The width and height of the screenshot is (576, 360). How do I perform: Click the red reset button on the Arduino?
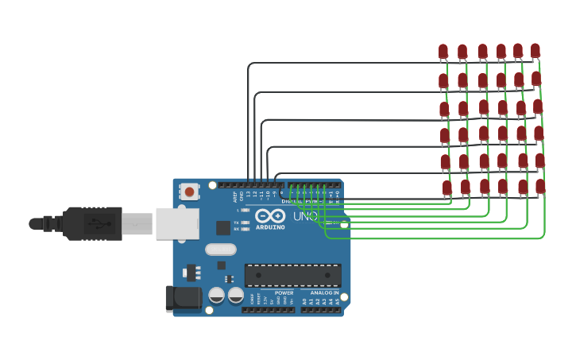pyautogui.click(x=190, y=192)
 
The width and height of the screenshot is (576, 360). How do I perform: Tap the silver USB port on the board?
pyautogui.click(x=176, y=223)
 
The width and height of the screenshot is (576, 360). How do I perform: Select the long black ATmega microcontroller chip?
pyautogui.click(x=292, y=275)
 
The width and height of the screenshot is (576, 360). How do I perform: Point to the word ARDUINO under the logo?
pyautogui.click(x=270, y=227)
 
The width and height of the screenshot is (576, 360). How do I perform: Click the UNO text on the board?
pyautogui.click(x=305, y=216)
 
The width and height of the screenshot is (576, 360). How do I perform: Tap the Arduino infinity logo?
pyautogui.click(x=270, y=215)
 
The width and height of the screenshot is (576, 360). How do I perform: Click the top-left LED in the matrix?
pyautogui.click(x=443, y=52)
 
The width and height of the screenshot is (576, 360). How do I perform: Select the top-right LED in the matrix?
pyautogui.click(x=535, y=51)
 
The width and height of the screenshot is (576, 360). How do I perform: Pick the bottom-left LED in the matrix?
pyautogui.click(x=446, y=188)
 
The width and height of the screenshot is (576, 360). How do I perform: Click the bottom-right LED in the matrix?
pyautogui.click(x=540, y=186)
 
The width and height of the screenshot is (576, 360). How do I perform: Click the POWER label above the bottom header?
pyautogui.click(x=284, y=292)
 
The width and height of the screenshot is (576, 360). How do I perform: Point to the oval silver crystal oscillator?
pyautogui.click(x=220, y=249)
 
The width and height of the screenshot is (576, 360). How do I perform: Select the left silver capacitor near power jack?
pyautogui.click(x=216, y=295)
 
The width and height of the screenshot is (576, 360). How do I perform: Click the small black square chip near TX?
pyautogui.click(x=223, y=227)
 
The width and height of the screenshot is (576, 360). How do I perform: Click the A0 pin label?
pyautogui.click(x=303, y=301)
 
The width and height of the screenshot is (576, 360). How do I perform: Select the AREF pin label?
pyautogui.click(x=235, y=195)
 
